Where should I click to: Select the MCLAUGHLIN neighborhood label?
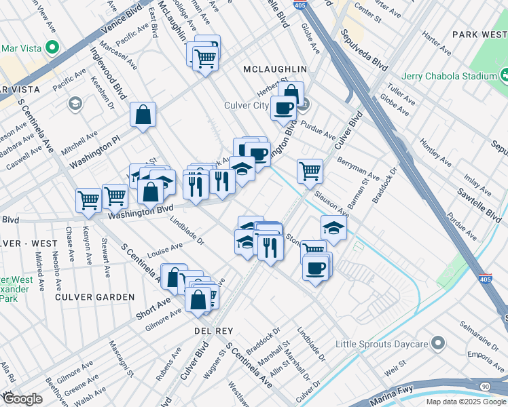(x=276, y=69)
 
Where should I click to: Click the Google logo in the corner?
(x=22, y=399)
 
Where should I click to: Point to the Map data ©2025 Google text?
(x=466, y=402)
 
